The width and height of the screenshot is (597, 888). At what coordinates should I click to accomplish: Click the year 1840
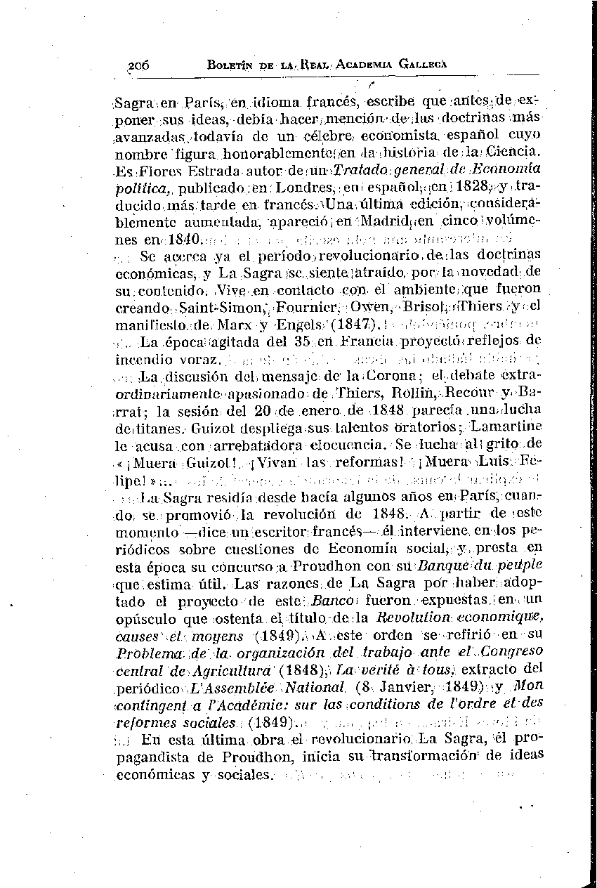[x=185, y=240]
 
